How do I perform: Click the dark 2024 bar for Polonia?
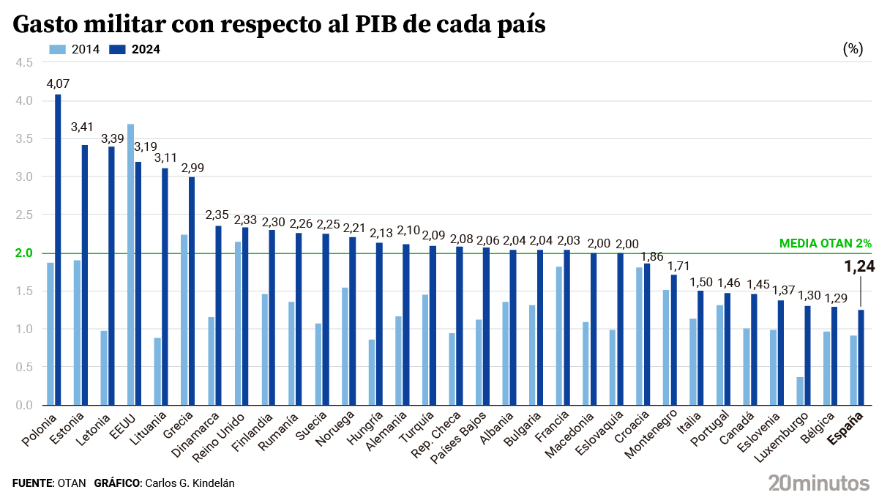pyautogui.click(x=58, y=250)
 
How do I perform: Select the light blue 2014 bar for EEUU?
pyautogui.click(x=130, y=264)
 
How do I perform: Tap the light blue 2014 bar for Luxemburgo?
pyautogui.click(x=800, y=391)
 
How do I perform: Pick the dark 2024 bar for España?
pyautogui.click(x=861, y=357)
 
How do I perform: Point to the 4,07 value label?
pyautogui.click(x=58, y=83)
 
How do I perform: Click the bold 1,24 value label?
pyautogui.click(x=860, y=268)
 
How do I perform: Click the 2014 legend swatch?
pyautogui.click(x=58, y=49)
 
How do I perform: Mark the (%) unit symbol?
pyautogui.click(x=853, y=49)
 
